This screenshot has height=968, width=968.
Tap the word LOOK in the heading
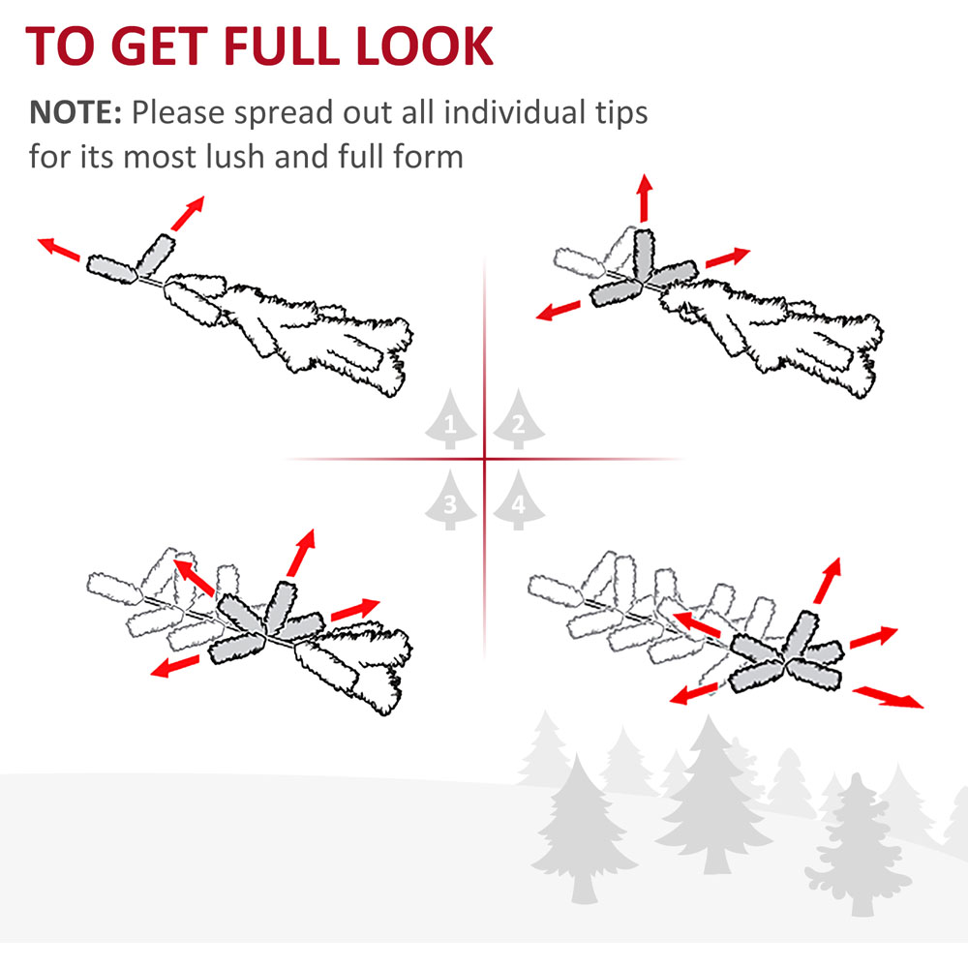tap(425, 45)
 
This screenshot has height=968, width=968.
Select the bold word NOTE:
tap(76, 112)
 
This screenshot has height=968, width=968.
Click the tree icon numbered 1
tap(451, 419)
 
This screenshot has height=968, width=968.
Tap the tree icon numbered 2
tap(519, 419)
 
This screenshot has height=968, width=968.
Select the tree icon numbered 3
tap(451, 500)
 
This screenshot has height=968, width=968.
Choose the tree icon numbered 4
tap(519, 500)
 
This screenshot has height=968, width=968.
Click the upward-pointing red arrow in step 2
tap(645, 197)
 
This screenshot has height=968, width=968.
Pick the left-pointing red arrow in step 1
tap(59, 249)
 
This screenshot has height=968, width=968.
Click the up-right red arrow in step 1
tap(188, 214)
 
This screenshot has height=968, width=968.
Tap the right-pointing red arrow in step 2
tap(728, 257)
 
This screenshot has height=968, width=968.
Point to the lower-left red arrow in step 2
tap(559, 311)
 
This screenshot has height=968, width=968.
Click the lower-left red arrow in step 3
tap(175, 666)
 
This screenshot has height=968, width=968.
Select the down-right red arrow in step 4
tap(889, 697)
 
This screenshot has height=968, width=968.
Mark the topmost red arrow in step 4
tap(828, 580)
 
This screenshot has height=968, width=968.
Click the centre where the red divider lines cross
tap(485, 459)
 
